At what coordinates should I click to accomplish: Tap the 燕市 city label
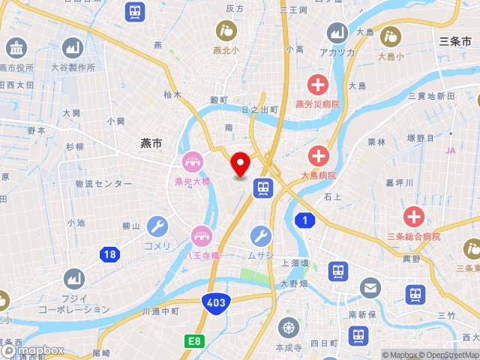(151, 142)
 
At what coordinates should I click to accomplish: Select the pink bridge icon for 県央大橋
(192, 162)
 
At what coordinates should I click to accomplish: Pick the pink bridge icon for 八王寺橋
(201, 236)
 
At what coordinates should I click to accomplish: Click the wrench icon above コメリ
(157, 226)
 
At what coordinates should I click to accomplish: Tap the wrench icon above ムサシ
(261, 236)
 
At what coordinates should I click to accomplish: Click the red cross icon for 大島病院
(319, 157)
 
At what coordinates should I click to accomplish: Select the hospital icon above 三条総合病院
(413, 217)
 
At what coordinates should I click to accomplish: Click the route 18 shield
(110, 255)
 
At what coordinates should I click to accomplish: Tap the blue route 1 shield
(304, 220)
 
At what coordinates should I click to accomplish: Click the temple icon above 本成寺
(288, 328)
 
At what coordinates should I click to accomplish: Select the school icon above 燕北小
(226, 31)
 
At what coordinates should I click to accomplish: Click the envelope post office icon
(370, 287)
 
